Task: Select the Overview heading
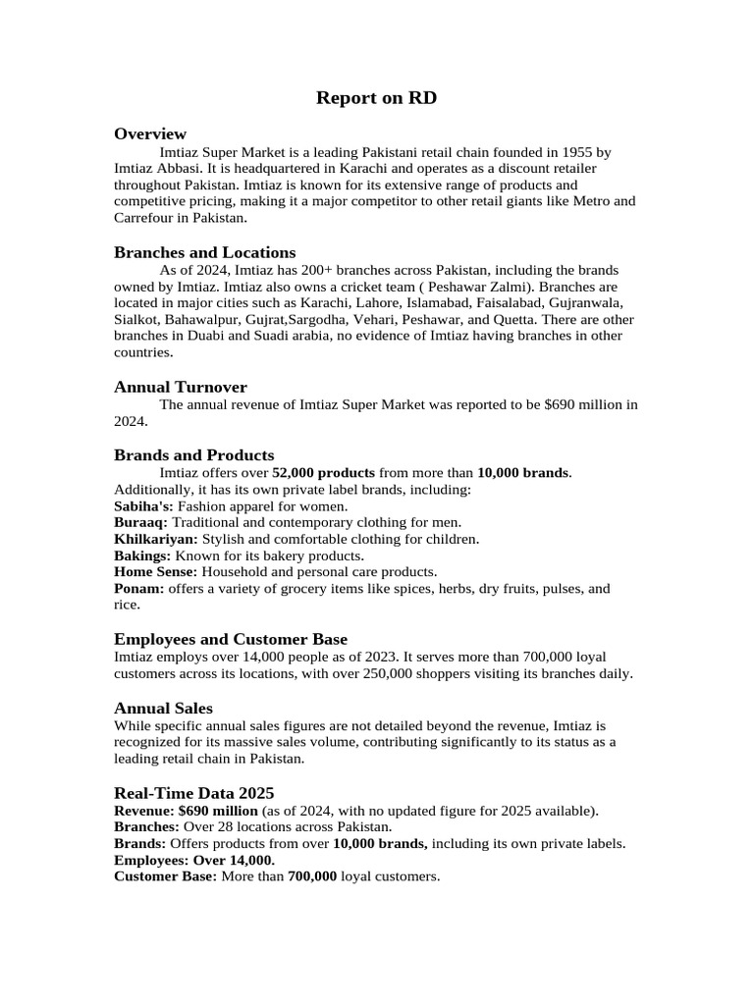(150, 133)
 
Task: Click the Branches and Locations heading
(204, 252)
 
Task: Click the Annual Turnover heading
(181, 387)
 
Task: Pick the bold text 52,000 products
(323, 472)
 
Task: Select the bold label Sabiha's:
(143, 505)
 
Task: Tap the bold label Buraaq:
(140, 522)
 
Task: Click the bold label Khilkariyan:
(156, 539)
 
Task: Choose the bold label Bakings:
(142, 555)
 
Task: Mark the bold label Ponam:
(138, 588)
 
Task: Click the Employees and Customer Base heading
(231, 639)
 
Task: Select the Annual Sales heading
(163, 708)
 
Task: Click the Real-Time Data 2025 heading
(194, 792)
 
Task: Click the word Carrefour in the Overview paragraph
(144, 218)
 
